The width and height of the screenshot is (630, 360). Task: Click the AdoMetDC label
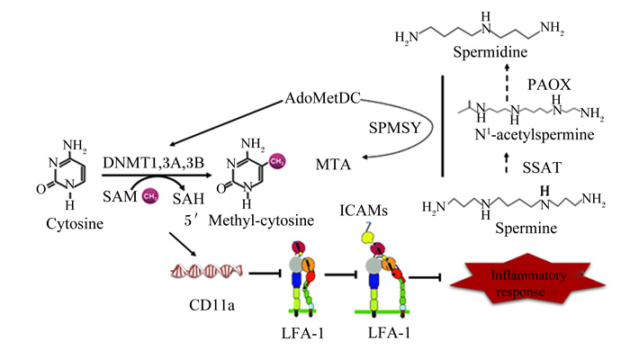(x=322, y=98)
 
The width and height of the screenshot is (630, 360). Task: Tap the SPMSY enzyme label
(x=394, y=128)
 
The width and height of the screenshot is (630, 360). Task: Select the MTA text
(x=333, y=165)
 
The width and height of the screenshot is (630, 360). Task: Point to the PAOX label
(x=549, y=85)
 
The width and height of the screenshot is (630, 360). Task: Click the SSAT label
(x=542, y=167)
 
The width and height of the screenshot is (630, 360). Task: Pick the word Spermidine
(x=490, y=52)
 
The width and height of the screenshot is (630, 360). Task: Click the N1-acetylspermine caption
(x=534, y=134)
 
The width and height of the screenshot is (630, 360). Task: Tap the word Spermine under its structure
(x=526, y=228)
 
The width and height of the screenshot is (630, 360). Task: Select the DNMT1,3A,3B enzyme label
(x=153, y=163)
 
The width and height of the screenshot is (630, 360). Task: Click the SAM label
(x=120, y=196)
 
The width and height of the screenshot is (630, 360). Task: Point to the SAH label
(x=188, y=199)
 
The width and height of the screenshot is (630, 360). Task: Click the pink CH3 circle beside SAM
(x=150, y=196)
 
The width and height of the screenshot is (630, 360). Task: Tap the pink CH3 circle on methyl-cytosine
(x=277, y=161)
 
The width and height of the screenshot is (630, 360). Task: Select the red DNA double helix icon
(x=206, y=272)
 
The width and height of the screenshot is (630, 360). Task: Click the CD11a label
(x=211, y=305)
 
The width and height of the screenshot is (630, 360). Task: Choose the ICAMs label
(x=364, y=210)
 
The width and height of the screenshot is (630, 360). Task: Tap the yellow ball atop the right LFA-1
(x=367, y=238)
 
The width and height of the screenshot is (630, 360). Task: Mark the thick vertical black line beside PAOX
(x=443, y=126)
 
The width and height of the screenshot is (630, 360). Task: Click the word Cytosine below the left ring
(x=75, y=223)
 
